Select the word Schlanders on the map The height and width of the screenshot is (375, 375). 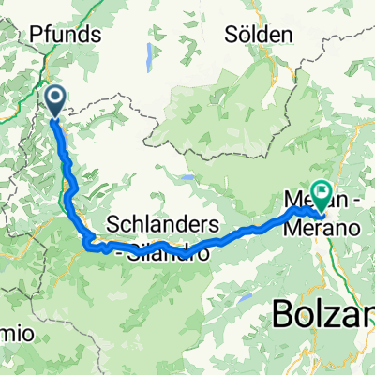pos(163,225)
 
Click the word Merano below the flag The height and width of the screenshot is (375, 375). pos(337,227)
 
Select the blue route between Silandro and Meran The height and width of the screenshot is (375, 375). pos(234,234)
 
